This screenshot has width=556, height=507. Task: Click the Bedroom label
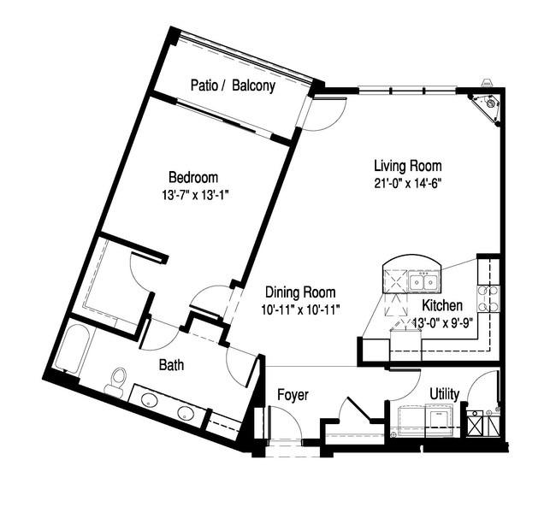[193, 177]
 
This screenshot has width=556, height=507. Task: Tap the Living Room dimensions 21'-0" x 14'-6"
[408, 183]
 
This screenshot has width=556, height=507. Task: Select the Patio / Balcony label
[233, 85]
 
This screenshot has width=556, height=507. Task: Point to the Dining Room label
[300, 292]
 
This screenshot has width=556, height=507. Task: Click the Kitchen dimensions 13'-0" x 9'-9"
[444, 322]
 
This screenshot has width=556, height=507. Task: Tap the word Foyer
[293, 395]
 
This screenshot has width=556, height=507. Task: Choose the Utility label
[444, 394]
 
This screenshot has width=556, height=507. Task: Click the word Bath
[171, 365]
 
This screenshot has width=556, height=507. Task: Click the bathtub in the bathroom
[72, 350]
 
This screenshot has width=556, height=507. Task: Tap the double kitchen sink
[423, 282]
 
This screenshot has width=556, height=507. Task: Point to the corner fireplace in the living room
[487, 106]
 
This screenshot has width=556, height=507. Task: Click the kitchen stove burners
[488, 298]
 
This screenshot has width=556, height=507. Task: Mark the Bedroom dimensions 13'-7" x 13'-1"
[195, 195]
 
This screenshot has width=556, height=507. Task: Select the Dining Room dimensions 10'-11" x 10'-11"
[301, 310]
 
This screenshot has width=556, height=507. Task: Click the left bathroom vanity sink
[150, 401]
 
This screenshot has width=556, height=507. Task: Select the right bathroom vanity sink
[185, 412]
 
